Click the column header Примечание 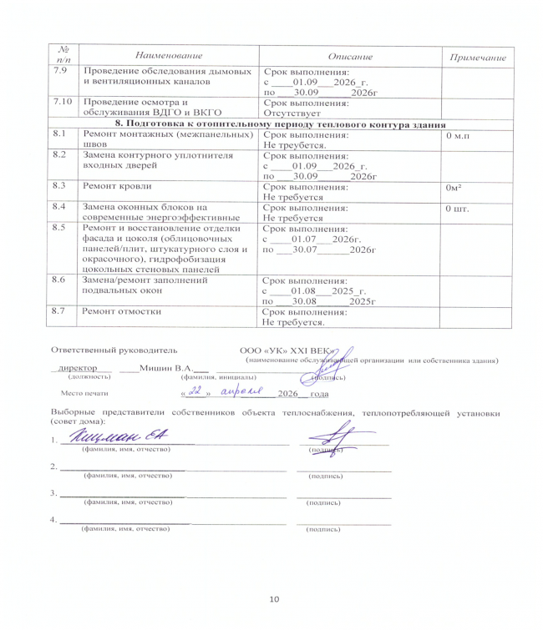(x=478, y=56)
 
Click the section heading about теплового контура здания (x=281, y=123)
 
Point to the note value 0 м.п (x=460, y=134)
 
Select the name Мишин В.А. (x=166, y=367)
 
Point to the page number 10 (x=273, y=599)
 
